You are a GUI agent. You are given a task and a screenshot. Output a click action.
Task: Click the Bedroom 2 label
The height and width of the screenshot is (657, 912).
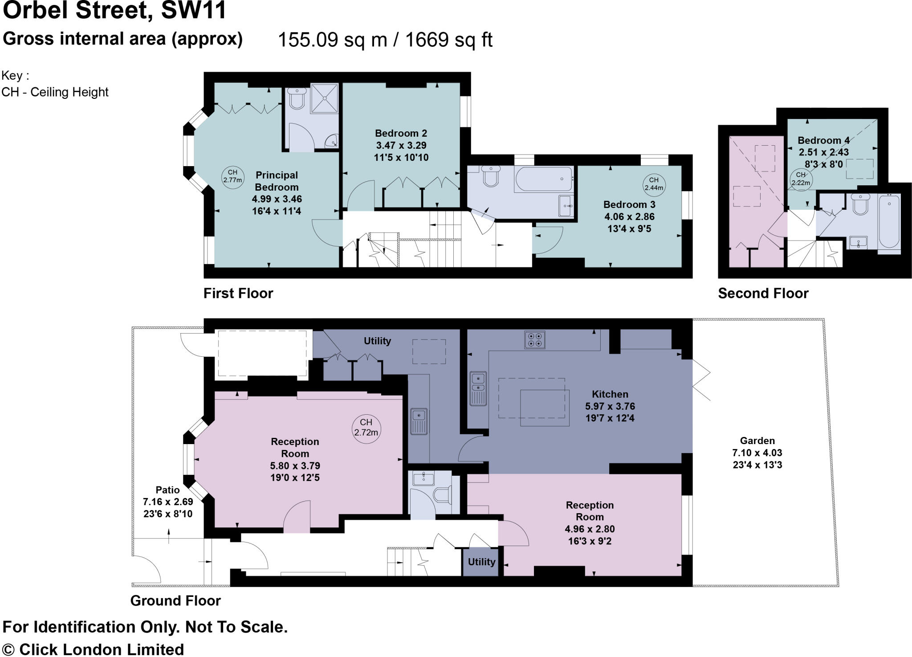point(401,133)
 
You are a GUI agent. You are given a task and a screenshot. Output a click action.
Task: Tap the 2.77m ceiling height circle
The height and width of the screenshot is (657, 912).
point(232,176)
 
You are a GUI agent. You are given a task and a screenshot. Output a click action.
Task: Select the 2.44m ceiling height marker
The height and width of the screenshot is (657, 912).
point(653,184)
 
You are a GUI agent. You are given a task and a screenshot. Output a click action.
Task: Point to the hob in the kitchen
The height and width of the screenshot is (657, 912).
point(534,340)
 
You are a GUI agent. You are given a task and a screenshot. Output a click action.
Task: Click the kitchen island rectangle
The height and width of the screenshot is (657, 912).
point(545,408)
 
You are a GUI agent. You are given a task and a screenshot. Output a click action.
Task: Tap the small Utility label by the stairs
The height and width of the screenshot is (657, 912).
point(481,562)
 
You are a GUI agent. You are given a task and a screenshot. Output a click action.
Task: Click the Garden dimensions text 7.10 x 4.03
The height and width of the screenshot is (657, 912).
point(757,453)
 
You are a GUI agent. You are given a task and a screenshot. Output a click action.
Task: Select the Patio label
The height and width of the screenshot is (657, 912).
point(167,490)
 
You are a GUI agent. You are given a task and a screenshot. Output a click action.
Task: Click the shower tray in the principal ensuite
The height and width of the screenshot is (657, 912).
point(324,98)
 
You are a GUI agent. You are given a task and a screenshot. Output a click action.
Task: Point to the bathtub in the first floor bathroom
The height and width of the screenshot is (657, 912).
point(543,179)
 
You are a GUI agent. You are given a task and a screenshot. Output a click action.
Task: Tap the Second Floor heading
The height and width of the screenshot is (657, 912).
point(763,293)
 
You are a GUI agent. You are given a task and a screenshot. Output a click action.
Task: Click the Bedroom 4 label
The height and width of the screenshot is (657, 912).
point(823,140)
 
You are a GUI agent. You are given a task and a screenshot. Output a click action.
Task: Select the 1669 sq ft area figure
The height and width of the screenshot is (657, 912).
point(448,40)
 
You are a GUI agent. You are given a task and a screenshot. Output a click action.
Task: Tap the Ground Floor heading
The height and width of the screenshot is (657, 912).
point(175,600)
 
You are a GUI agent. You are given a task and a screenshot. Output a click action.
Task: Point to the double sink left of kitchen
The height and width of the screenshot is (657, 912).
point(478,388)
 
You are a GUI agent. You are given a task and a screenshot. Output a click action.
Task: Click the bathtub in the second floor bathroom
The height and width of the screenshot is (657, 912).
point(889,220)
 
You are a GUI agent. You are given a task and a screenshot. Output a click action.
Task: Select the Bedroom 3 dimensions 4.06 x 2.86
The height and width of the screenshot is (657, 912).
point(629,216)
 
